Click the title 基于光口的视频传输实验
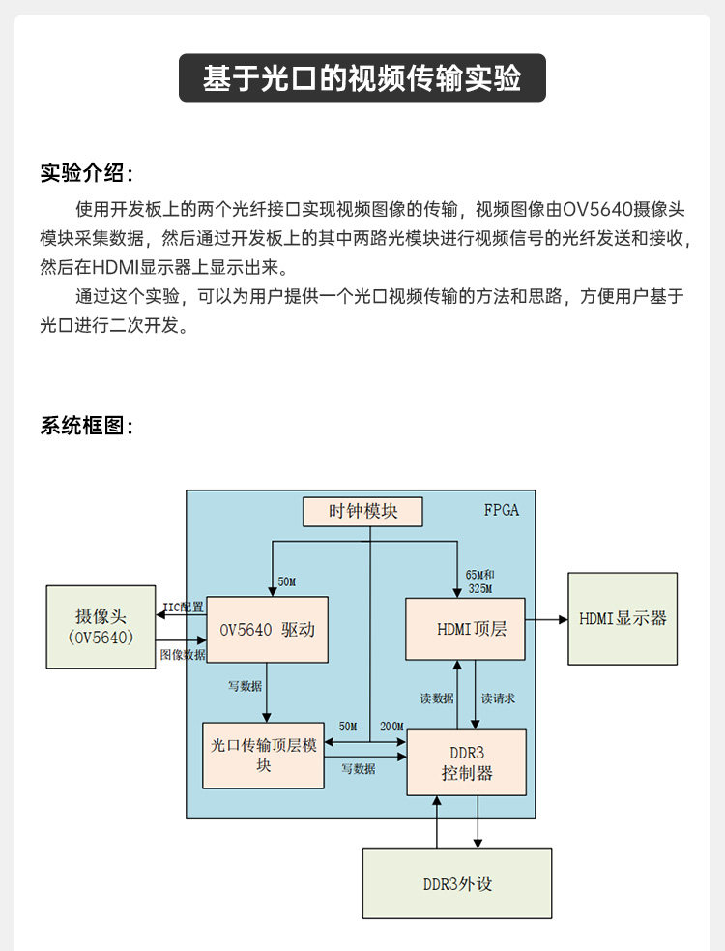[x=362, y=78]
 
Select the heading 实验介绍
[x=85, y=174]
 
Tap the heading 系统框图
[x=85, y=426]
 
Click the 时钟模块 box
[x=362, y=511]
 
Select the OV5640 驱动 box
[x=267, y=630]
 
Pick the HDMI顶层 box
[x=465, y=629]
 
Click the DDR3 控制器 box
[x=467, y=762]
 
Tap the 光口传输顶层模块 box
[x=263, y=755]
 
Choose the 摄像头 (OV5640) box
[x=101, y=627]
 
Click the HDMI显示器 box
[x=623, y=618]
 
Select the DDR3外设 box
[x=456, y=883]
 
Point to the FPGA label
[x=501, y=510]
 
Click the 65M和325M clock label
[x=480, y=581]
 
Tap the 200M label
[x=391, y=727]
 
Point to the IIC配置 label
[x=183, y=608]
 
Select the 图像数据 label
[x=183, y=655]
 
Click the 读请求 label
[x=498, y=698]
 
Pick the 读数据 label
[x=436, y=698]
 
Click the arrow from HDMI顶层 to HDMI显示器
[x=546, y=618]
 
